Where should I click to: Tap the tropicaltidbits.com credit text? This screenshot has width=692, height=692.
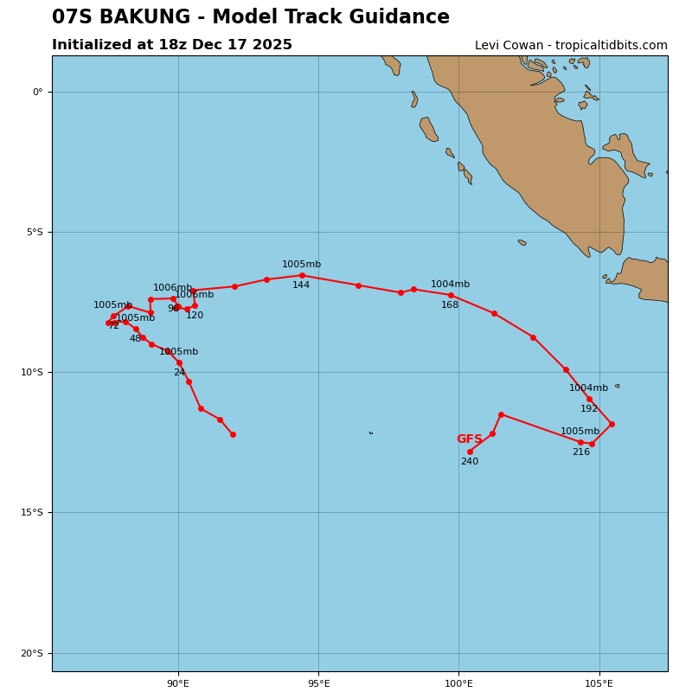coord(571,46)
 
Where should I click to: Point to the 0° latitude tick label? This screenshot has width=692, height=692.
coord(37,92)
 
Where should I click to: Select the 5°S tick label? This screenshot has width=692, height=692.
coord(33,232)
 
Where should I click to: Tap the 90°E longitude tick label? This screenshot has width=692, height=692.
coord(178,684)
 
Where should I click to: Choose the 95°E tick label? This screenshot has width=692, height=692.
coord(318,684)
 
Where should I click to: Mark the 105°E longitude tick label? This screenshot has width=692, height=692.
coord(599,684)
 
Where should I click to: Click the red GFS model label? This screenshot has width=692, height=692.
coord(470,439)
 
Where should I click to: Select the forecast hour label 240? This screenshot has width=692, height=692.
coord(470,462)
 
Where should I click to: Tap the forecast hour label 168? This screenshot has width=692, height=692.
coord(450,305)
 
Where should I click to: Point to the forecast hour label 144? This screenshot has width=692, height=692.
coord(301,285)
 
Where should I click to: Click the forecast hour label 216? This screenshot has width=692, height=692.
coord(581,452)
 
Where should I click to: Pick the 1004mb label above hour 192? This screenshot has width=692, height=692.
coord(588,388)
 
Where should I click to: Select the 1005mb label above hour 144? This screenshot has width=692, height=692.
coord(301,265)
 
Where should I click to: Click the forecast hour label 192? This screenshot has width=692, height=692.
coord(589,409)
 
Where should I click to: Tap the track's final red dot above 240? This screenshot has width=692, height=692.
coord(470,452)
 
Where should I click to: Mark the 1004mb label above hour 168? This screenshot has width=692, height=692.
coord(450,285)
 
